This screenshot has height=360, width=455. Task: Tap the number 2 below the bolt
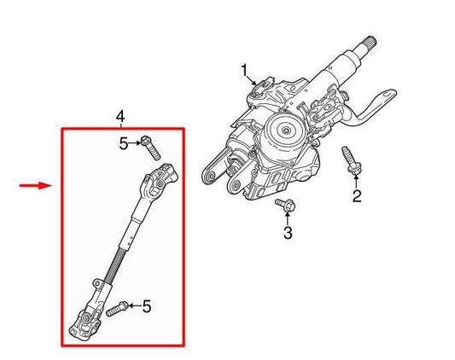click(x=357, y=197)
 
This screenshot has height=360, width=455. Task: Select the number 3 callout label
click(x=288, y=232)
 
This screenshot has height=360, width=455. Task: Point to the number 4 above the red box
click(x=120, y=115)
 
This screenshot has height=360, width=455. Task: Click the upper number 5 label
click(x=124, y=144)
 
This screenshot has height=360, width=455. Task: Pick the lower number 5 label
click(x=146, y=305)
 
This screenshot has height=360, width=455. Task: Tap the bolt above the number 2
click(x=349, y=161)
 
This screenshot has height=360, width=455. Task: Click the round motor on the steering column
click(x=286, y=134)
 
